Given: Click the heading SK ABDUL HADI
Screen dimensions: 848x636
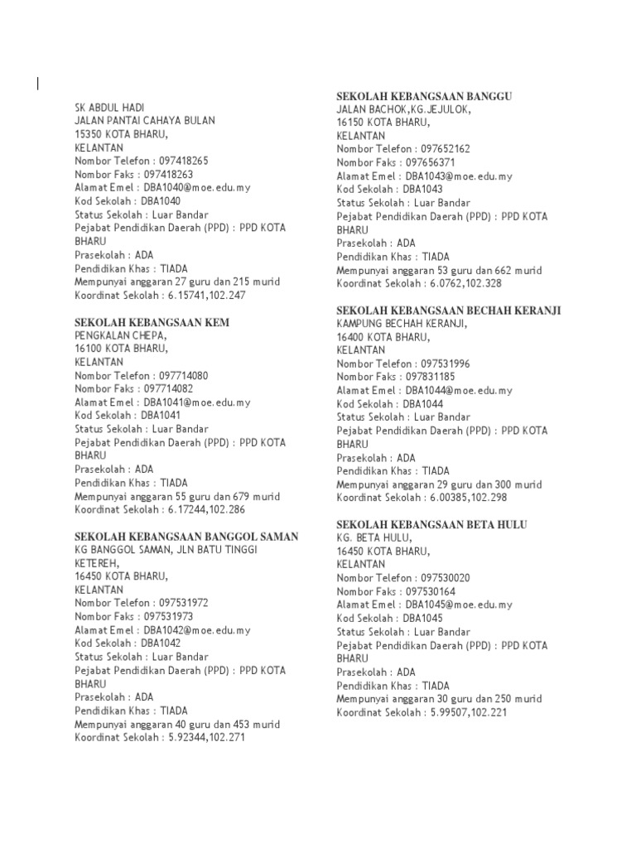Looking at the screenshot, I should click(109, 108).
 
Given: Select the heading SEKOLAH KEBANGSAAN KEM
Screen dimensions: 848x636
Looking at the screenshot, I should click(152, 322).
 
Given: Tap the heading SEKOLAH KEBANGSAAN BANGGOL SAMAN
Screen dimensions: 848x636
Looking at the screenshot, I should click(186, 537).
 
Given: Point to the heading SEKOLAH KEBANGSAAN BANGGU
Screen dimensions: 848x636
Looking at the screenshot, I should click(424, 96).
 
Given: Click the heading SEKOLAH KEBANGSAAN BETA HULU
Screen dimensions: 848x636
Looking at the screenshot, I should click(431, 525).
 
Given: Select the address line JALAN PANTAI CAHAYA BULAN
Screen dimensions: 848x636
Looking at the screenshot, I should click(145, 121).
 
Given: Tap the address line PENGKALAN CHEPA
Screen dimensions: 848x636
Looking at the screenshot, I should click(121, 335).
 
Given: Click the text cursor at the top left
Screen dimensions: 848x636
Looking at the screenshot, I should click(37, 82).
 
